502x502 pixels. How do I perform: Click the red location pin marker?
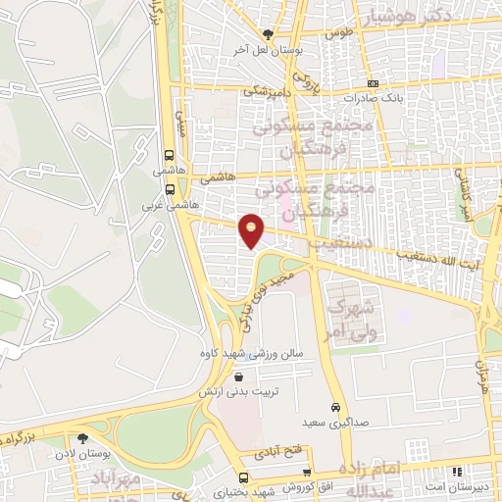tap(252, 230)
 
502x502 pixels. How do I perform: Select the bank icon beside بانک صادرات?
tap(372, 84)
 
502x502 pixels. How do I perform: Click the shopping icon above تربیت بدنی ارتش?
tap(238, 376)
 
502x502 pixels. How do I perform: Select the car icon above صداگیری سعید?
tap(335, 406)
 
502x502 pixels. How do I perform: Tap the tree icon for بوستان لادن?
tap(81, 438)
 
